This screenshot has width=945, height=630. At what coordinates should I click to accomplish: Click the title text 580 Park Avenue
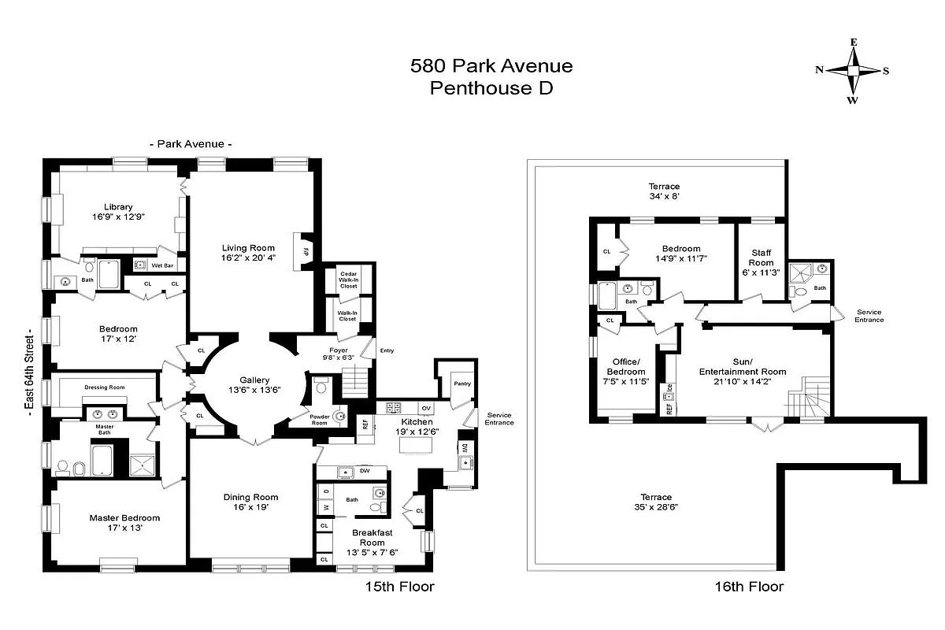[x=491, y=65]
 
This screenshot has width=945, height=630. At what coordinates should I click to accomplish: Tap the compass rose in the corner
[x=853, y=71]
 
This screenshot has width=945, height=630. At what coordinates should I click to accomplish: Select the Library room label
[x=118, y=207]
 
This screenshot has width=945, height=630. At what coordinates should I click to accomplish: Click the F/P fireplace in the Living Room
[x=304, y=250]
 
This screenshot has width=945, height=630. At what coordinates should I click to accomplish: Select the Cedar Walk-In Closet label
[x=348, y=280]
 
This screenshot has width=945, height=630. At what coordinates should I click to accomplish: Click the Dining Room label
[x=250, y=497]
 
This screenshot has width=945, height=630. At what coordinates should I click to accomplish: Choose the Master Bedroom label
[x=124, y=517]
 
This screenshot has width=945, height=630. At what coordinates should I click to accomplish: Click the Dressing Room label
[x=105, y=387]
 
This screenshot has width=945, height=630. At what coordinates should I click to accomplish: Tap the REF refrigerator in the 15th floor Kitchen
[x=365, y=424]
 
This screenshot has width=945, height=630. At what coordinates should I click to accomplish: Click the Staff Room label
[x=761, y=258]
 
